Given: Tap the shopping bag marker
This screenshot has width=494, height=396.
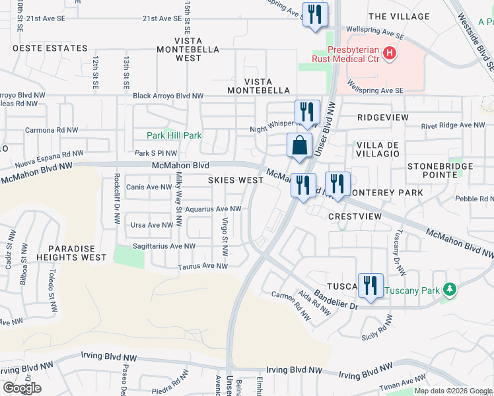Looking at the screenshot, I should click(x=299, y=145).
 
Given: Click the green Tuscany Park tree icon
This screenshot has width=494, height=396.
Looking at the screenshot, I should click(x=450, y=290).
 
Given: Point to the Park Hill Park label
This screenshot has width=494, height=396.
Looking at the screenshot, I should click(x=173, y=135).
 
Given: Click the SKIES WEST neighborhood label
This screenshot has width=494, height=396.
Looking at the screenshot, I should click(x=236, y=180).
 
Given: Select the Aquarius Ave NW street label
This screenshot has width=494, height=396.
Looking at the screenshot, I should click(x=213, y=209).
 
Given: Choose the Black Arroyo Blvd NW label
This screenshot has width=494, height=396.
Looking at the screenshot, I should click(x=168, y=96).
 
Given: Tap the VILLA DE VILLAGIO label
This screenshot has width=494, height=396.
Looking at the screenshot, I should click(x=378, y=148).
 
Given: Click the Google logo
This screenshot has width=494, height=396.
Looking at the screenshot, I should click(x=22, y=388).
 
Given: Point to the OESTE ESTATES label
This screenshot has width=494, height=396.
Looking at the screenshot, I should click(x=50, y=48).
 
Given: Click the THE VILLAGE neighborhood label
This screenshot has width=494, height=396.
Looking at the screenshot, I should click(x=399, y=16).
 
